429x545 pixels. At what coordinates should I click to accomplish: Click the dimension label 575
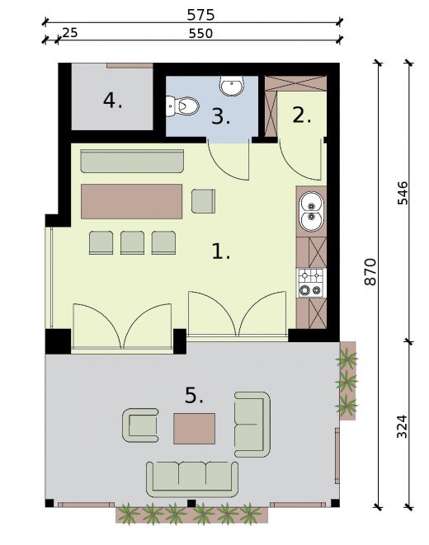click(200, 15)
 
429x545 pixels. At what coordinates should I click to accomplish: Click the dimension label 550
click(200, 33)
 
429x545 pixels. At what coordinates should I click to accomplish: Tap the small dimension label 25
click(69, 33)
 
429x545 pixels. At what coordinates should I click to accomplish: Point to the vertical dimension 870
click(370, 271)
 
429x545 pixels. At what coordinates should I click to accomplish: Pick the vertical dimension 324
click(402, 426)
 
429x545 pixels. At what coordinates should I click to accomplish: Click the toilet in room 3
click(182, 106)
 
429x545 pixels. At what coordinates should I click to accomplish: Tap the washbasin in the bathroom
click(232, 86)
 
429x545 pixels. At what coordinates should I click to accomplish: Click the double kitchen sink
click(312, 212)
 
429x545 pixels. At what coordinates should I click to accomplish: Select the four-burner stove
click(311, 283)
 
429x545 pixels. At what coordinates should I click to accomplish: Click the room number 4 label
click(113, 101)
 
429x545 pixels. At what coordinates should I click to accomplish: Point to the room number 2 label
click(301, 115)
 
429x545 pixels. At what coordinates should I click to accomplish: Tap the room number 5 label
click(194, 395)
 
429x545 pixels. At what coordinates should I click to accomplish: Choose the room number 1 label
click(221, 251)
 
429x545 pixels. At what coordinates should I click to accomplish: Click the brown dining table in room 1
click(132, 202)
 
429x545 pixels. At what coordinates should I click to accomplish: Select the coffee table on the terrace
click(195, 428)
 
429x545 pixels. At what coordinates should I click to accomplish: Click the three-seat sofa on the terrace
click(192, 479)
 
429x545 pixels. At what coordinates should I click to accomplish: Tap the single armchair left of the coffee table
click(140, 425)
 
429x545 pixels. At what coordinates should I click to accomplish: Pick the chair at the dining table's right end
click(204, 200)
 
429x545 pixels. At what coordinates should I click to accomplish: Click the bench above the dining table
click(132, 162)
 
